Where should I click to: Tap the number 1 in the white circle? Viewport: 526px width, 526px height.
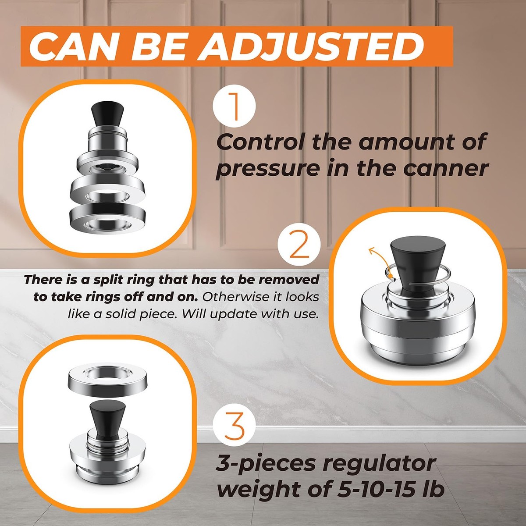(235, 107)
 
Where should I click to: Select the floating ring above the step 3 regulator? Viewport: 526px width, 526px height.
(107, 380)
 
